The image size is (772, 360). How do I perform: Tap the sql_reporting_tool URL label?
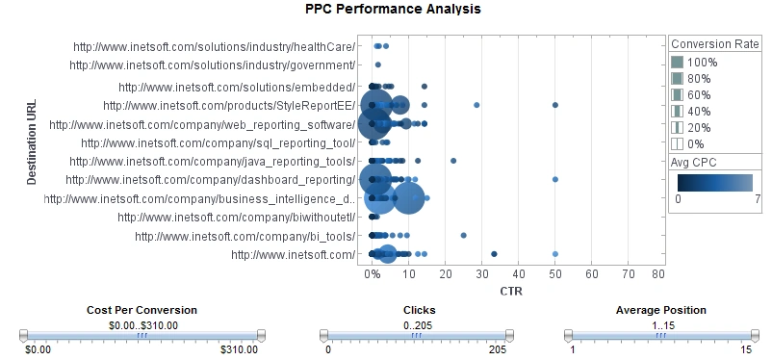pos(219,142)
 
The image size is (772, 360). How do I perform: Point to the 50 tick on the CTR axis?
pos(555,274)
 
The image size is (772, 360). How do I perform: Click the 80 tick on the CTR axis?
pos(658,274)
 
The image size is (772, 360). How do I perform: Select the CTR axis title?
pos(514,291)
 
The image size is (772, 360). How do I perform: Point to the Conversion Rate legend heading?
pos(715,43)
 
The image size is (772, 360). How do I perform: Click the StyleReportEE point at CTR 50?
pos(555,105)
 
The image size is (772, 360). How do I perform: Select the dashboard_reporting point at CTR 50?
pos(555,180)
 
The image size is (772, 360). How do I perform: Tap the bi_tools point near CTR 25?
pos(463,235)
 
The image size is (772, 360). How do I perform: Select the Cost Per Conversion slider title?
pos(142,310)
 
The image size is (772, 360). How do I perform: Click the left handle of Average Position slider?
pos(568,335)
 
